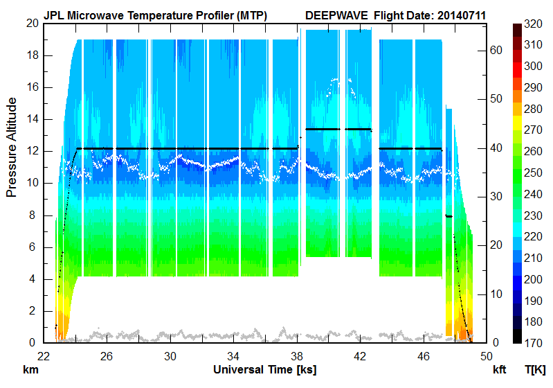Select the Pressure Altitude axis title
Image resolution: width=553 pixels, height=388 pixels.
[12, 147]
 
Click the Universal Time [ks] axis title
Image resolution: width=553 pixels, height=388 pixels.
[265, 369]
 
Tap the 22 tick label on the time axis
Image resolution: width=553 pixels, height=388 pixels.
[44, 355]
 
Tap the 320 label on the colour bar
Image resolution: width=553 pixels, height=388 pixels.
[533, 23]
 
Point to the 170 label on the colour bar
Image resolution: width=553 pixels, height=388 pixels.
[533, 342]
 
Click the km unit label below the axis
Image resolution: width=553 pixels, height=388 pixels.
[30, 369]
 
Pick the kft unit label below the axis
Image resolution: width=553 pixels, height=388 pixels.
[499, 370]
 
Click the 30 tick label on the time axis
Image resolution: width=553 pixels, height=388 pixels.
[170, 355]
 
